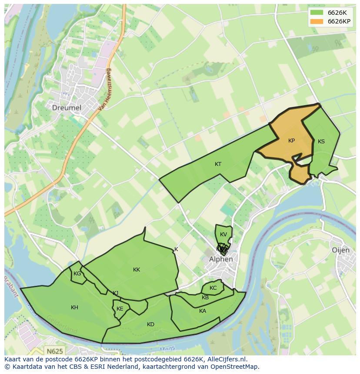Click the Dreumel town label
pyautogui.click(x=67, y=107)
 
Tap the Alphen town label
pyautogui.click(x=221, y=259)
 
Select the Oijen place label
pyautogui.click(x=341, y=250)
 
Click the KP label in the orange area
pyautogui.click(x=291, y=141)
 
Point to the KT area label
pyautogui.click(x=218, y=164)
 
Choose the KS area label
pyautogui.click(x=321, y=142)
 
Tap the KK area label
pyautogui.click(x=137, y=270)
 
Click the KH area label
pyautogui.click(x=74, y=308)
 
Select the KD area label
pyautogui.click(x=150, y=324)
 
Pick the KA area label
pyautogui.click(x=203, y=311)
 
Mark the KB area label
pyautogui.click(x=205, y=298)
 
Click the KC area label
pyautogui.click(x=213, y=288)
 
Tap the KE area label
pyautogui.click(x=120, y=309)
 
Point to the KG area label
pyautogui.click(x=77, y=274)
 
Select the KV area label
pyautogui.click(x=223, y=235)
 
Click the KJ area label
pyautogui.click(x=115, y=293)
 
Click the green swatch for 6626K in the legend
pyautogui.click(x=317, y=12)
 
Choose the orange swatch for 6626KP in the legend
pyautogui.click(x=317, y=21)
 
